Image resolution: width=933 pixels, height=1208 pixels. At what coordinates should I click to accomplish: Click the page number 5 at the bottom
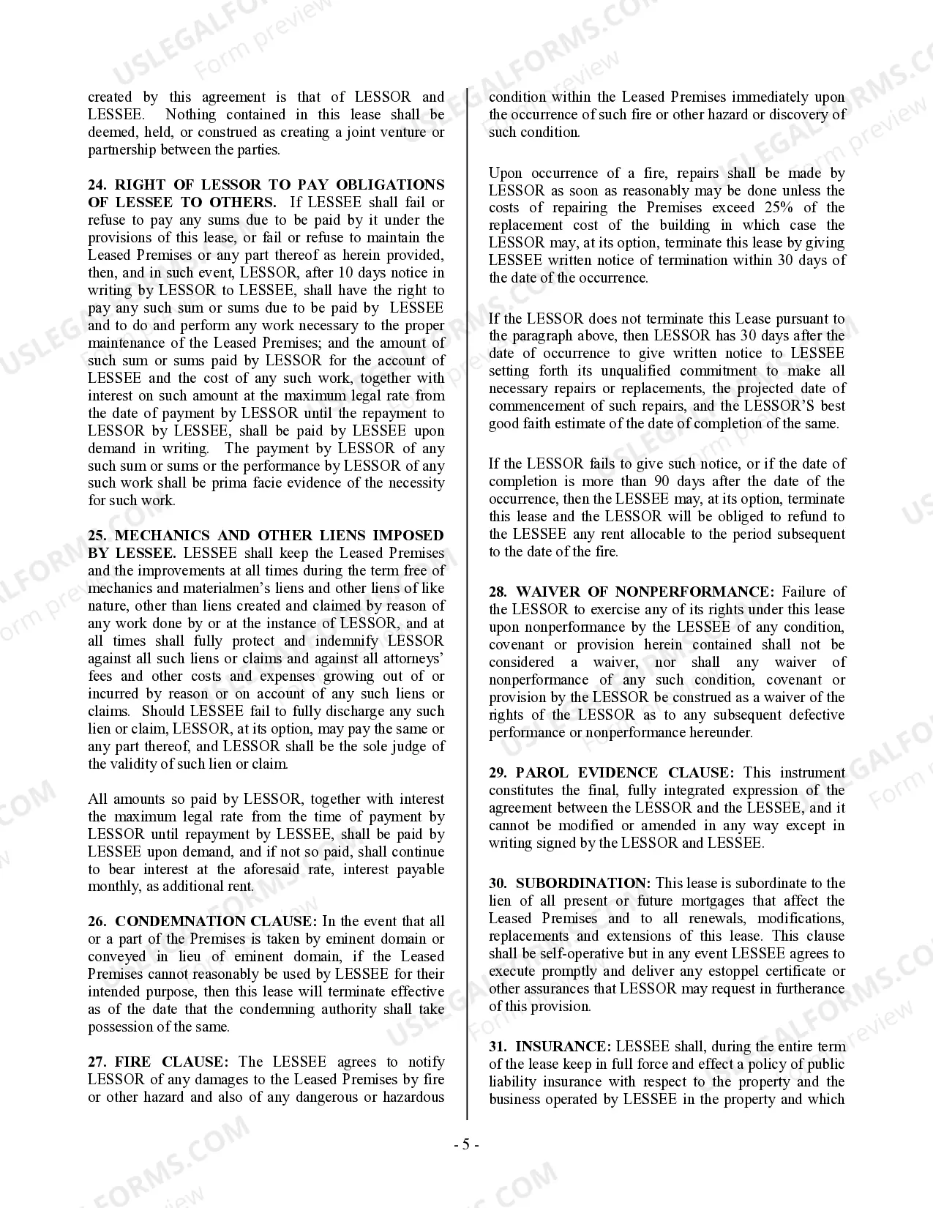pyautogui.click(x=466, y=1145)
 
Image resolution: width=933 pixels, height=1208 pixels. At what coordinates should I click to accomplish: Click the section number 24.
pyautogui.click(x=98, y=185)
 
